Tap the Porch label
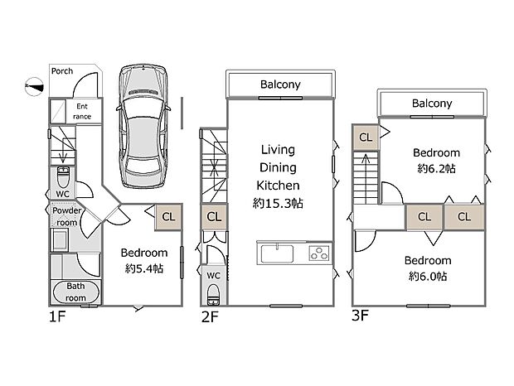(61, 71)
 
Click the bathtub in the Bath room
(76, 294)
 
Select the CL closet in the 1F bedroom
(168, 217)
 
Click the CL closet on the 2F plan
(214, 217)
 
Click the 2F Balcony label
(280, 84)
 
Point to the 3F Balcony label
(432, 104)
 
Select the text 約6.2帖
(437, 168)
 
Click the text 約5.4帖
(144, 268)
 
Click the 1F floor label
(56, 315)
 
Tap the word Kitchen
(277, 185)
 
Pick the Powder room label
(65, 216)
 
